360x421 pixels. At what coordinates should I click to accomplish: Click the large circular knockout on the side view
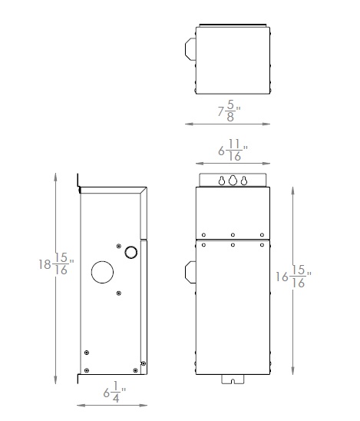102,272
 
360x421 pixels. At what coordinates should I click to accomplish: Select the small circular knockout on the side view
130,251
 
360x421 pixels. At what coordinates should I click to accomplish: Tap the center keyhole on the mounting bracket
233,181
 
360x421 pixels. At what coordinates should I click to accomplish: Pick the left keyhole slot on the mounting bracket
221,181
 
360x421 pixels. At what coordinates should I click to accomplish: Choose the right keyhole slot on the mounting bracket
244,181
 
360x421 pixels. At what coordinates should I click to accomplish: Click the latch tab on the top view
190,48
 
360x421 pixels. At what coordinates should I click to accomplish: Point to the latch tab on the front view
190,273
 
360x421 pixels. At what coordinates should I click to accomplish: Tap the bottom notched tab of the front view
233,379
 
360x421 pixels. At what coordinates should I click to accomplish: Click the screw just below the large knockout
117,293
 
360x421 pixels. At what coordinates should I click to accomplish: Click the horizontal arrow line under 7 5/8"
227,123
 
